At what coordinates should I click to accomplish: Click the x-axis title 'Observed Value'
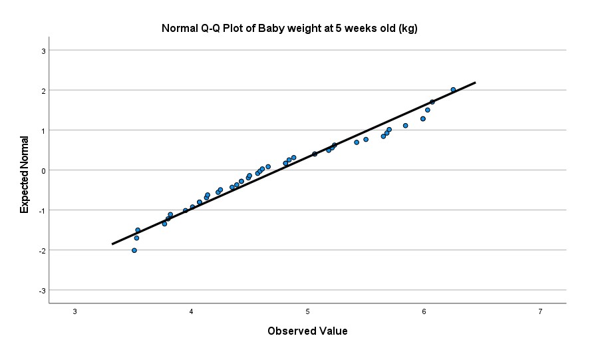coord(307,331)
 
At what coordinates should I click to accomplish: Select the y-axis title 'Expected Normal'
coord(25,174)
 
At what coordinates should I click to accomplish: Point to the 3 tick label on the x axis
coord(75,312)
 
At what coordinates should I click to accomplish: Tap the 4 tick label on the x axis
coord(192,312)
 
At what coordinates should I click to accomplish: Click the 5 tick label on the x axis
coord(308,312)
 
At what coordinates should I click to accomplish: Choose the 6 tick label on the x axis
coord(424,312)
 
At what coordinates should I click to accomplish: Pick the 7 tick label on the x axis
coord(540,312)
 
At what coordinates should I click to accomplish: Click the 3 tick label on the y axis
coord(43,51)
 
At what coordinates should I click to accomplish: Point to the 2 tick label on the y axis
coord(43,90)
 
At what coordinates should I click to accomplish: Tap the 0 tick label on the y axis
coord(43,170)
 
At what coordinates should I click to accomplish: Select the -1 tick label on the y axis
coord(41,210)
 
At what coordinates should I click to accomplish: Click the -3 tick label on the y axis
coord(41,290)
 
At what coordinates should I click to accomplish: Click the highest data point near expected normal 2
coord(453,90)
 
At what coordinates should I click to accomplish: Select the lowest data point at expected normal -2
coord(134,250)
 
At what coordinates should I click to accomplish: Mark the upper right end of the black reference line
coord(475,83)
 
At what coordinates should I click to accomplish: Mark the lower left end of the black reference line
coord(112,244)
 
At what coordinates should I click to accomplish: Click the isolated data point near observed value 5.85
coord(405,125)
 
